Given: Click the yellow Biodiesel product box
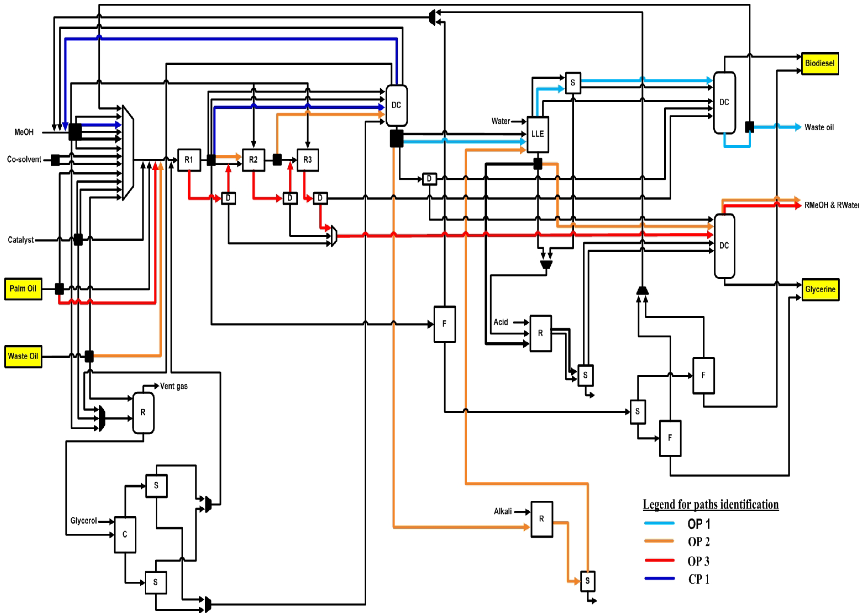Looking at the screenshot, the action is [x=820, y=63].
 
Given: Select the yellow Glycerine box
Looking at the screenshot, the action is [x=820, y=289].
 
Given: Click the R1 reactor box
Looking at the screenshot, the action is [x=189, y=160].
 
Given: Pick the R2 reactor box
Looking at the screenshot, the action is [x=253, y=160].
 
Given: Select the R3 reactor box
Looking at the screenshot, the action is [x=308, y=160].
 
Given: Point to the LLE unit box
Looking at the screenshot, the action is [x=537, y=134].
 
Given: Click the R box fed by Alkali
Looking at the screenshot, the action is [x=542, y=519].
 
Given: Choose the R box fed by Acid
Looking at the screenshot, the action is [x=540, y=333].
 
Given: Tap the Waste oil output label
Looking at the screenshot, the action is [x=819, y=127].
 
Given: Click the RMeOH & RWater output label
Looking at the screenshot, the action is [x=831, y=205].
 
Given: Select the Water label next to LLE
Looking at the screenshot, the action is [x=500, y=121].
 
